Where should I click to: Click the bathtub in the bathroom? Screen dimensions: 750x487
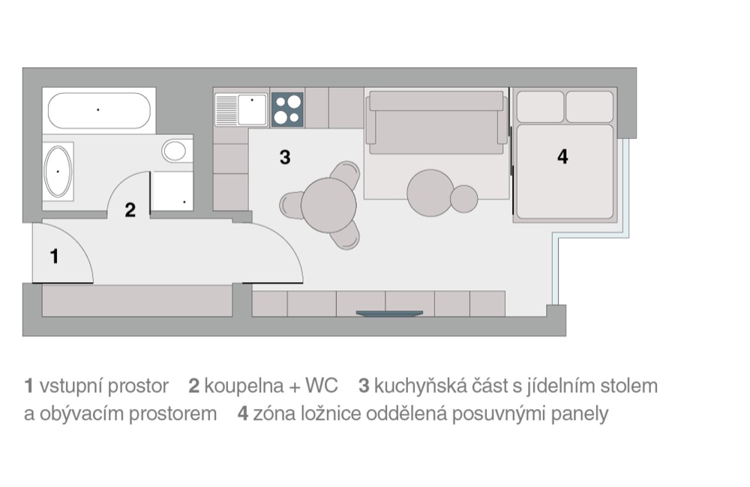pyautogui.click(x=99, y=110)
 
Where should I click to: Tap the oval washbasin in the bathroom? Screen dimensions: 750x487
pyautogui.click(x=58, y=171)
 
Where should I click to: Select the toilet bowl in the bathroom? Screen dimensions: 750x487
pyautogui.click(x=174, y=151)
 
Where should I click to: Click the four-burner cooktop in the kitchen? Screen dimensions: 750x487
pyautogui.click(x=287, y=109)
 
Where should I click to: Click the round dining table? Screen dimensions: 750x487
pyautogui.click(x=328, y=205)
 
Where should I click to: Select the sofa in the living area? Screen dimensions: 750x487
pyautogui.click(x=436, y=122)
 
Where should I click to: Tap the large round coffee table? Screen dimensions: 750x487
pyautogui.click(x=430, y=193)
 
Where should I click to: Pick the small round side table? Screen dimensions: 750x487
pyautogui.click(x=464, y=199)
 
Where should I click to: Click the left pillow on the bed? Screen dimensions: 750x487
pyautogui.click(x=541, y=107)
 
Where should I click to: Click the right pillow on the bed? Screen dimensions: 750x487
pyautogui.click(x=589, y=107)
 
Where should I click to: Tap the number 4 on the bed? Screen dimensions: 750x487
pyautogui.click(x=562, y=156)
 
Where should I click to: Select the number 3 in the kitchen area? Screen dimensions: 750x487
pyautogui.click(x=285, y=157)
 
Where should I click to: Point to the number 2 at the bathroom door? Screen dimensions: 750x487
pyautogui.click(x=130, y=209)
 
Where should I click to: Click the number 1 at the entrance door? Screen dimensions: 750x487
pyautogui.click(x=55, y=257)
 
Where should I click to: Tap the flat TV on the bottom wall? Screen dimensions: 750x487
pyautogui.click(x=389, y=314)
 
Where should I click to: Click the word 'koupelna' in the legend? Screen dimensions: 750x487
pyautogui.click(x=244, y=386)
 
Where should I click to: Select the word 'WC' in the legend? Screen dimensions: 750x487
pyautogui.click(x=322, y=386)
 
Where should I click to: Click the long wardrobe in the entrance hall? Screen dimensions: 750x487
pyautogui.click(x=137, y=301)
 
